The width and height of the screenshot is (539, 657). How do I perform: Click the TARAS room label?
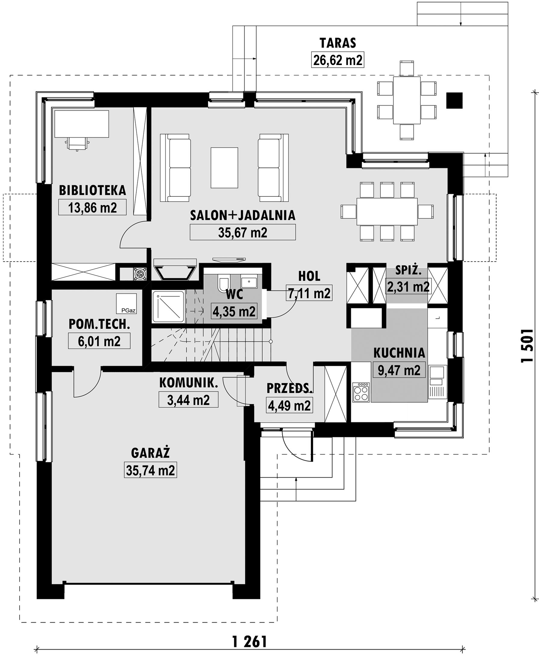(x=338, y=43)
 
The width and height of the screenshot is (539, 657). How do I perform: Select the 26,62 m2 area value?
(x=338, y=60)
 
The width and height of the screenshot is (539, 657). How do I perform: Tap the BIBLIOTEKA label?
(x=92, y=191)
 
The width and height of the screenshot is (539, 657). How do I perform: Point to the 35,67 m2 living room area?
(x=243, y=232)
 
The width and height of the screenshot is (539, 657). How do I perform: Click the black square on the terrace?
(x=454, y=101)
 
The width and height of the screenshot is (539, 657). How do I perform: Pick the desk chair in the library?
(x=77, y=144)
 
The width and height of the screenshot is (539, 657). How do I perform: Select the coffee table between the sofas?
(x=224, y=168)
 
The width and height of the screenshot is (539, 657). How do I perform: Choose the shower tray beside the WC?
(x=168, y=307)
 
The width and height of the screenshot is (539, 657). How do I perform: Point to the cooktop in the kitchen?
(x=361, y=393)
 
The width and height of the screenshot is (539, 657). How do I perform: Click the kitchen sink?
(x=437, y=375)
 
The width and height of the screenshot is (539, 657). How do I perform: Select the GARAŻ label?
(x=150, y=453)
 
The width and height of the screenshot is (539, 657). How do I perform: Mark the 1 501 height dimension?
(x=527, y=345)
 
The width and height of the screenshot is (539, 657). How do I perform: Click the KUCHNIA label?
(x=399, y=353)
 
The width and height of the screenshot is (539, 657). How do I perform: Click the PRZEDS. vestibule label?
(x=289, y=388)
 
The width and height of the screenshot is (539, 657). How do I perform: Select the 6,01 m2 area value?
(x=99, y=341)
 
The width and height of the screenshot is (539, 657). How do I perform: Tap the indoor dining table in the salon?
(x=387, y=212)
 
